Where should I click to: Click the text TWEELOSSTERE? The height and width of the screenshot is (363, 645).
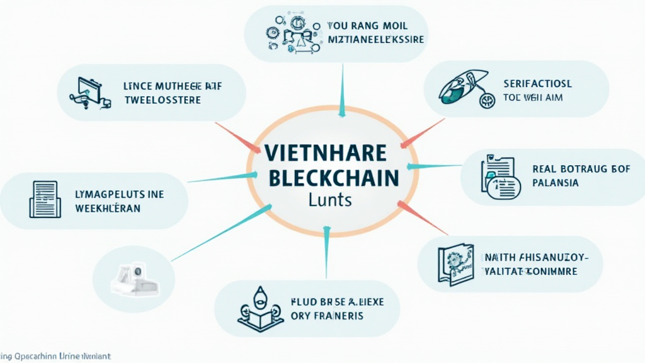163,100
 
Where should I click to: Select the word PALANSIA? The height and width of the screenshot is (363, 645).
555,183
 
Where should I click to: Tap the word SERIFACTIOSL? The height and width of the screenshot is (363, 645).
537,83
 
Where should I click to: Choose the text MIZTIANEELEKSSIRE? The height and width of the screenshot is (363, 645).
376,40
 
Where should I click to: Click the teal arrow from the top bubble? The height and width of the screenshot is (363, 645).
342,91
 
